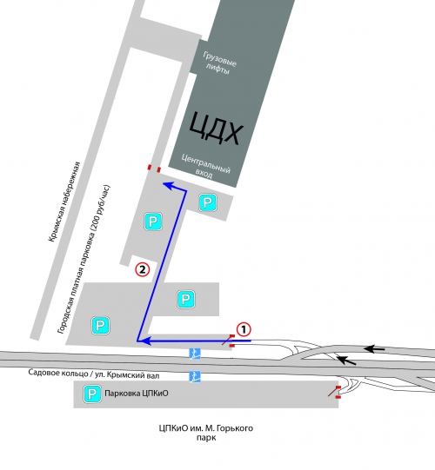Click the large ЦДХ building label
pos(216,129)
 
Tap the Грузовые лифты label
pos(219,63)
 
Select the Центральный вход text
pos(205,166)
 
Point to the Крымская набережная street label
pos(64,202)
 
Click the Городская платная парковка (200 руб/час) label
pos(84,259)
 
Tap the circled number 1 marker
pos(244,330)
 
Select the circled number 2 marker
pos(143,269)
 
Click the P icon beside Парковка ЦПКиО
pos(92,394)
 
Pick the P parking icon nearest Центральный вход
pos(208,202)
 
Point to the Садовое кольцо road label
pos(94,374)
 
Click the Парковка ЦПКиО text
pos(137,394)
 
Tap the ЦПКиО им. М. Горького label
pos(206,428)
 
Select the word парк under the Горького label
pos(206,438)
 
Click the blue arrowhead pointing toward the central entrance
pos(167,185)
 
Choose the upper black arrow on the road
pos(374,348)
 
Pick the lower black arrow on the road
pos(346,360)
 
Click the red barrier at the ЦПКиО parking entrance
pos(334,392)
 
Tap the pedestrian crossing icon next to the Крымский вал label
pos(195,376)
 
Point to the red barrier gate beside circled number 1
pos(229,341)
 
